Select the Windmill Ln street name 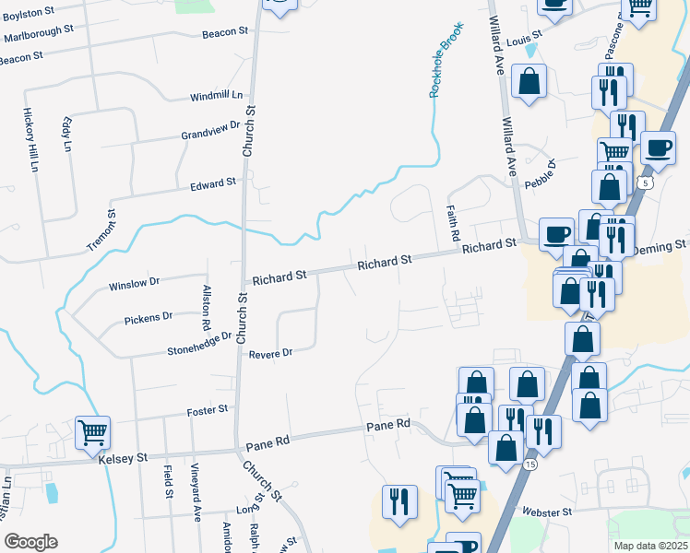tap(216, 95)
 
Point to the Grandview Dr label tap(210, 130)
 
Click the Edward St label tap(213, 184)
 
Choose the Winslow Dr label tap(135, 283)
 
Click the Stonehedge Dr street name tap(198, 345)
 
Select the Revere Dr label tap(273, 353)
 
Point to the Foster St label tap(207, 409)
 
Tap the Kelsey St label tap(122, 457)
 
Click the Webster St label tap(548, 511)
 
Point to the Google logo tap(31, 542)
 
